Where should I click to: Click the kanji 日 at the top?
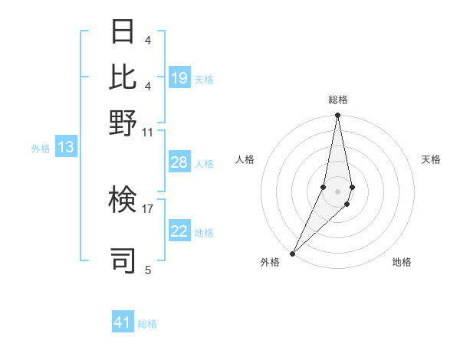123,32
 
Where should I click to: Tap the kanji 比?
123,77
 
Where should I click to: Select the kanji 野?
123,122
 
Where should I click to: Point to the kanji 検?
123,201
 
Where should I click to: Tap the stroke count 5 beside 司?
147,270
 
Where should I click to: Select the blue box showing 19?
179,77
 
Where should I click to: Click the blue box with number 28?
179,162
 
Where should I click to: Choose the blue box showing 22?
179,231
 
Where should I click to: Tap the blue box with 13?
65,147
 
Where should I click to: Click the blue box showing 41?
123,322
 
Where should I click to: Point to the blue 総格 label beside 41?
147,324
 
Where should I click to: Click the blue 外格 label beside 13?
41,149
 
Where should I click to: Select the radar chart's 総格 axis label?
337,100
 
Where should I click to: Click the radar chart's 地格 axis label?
402,263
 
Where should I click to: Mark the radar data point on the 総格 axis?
337,116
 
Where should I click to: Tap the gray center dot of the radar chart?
337,191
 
